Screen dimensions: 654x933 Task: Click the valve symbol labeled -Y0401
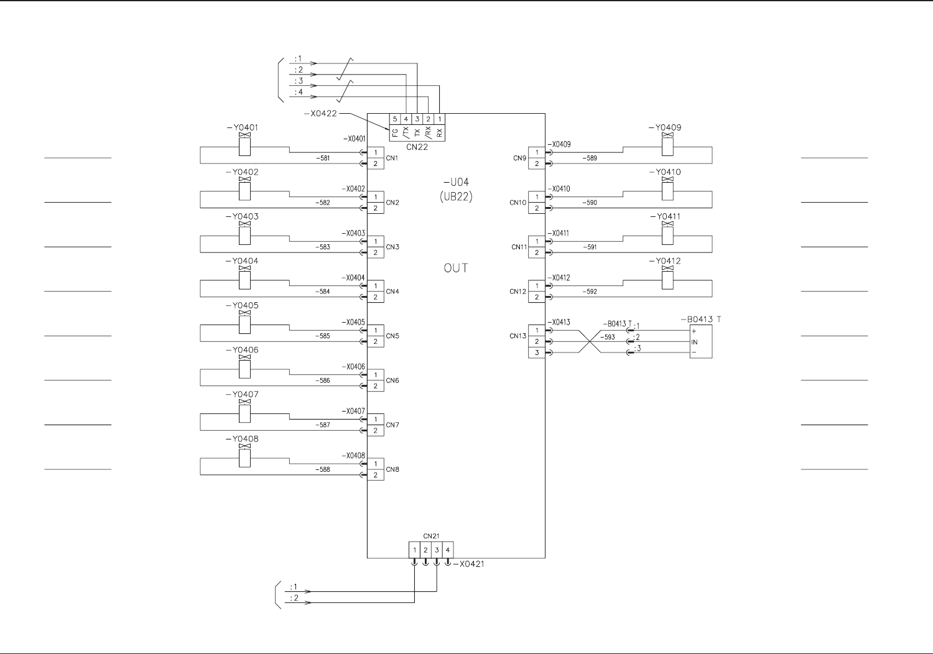(x=244, y=145)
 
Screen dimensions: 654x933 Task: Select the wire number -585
(x=324, y=336)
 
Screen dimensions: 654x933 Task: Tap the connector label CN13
(x=518, y=336)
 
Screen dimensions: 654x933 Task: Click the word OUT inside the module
(x=456, y=268)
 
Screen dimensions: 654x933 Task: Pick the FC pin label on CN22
(x=395, y=132)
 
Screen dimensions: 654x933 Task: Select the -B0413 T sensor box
(x=701, y=342)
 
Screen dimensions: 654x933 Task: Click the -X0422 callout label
(x=321, y=114)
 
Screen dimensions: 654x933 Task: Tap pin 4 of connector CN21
(x=448, y=550)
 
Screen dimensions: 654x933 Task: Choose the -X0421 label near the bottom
(x=469, y=564)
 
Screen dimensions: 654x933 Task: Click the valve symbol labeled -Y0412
(x=667, y=279)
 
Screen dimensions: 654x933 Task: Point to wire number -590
(x=590, y=203)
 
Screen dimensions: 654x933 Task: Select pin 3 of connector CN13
(x=537, y=353)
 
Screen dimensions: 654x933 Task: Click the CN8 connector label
(x=392, y=469)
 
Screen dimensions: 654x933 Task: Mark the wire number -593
(x=608, y=337)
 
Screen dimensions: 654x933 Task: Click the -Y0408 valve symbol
(x=244, y=456)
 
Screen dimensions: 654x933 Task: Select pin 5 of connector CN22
(x=395, y=119)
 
